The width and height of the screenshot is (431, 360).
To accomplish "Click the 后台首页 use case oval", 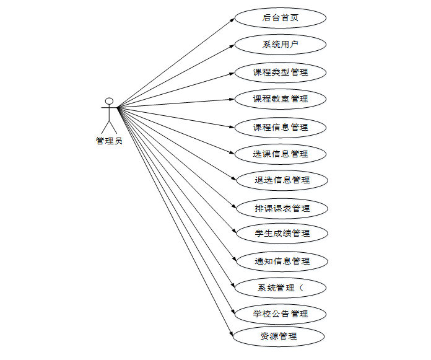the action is click(x=281, y=18).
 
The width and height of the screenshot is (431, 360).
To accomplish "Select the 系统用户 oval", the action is click(x=281, y=45).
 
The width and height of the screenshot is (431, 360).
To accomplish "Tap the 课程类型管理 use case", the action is click(x=281, y=72).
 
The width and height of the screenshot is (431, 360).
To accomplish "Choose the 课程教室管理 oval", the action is click(x=281, y=99).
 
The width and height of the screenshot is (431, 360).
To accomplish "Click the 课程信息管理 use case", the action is click(x=281, y=127).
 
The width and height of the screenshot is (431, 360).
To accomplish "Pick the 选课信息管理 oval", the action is click(x=281, y=154).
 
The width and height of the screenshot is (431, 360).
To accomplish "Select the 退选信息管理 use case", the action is click(x=282, y=180).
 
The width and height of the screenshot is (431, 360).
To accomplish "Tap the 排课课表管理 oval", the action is click(x=282, y=208).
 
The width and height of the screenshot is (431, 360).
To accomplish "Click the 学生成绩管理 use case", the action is click(x=282, y=234).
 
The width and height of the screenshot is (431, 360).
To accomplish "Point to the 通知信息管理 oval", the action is click(x=282, y=261).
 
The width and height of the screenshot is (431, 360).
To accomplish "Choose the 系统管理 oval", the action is click(x=281, y=288).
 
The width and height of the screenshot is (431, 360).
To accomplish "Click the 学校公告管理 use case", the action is click(x=281, y=314).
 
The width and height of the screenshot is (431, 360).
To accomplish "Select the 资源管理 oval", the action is click(x=279, y=336).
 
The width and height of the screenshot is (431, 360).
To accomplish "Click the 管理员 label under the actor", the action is click(x=109, y=141).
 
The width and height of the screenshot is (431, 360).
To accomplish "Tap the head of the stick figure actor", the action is click(x=109, y=100).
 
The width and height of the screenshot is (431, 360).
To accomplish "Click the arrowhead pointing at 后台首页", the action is click(x=232, y=19).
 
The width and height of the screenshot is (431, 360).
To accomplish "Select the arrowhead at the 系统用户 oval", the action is click(x=232, y=45).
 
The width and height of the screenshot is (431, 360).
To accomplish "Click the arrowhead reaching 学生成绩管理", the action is click(x=234, y=231).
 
